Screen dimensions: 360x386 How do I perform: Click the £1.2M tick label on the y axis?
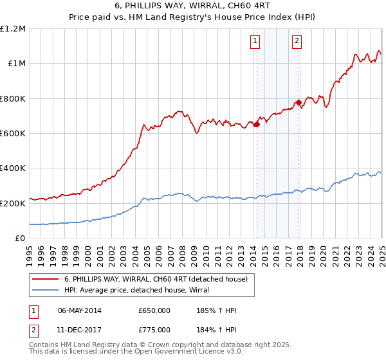pos(14,29)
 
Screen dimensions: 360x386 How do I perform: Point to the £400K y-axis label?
pos(14,168)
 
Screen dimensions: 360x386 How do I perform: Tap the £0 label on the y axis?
pos(21,239)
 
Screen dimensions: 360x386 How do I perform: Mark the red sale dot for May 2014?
pos(256,125)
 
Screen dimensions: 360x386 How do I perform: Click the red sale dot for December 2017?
pos(299,103)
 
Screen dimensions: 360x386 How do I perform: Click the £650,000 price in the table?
pos(154,310)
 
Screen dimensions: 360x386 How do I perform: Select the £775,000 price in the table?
pos(154,329)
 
